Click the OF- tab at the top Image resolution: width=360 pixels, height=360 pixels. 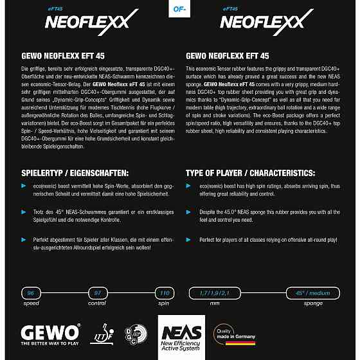179,9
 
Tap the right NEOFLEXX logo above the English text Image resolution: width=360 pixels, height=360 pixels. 262,21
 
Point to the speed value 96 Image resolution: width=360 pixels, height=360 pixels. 31,292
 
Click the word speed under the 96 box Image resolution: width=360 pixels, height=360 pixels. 31,303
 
